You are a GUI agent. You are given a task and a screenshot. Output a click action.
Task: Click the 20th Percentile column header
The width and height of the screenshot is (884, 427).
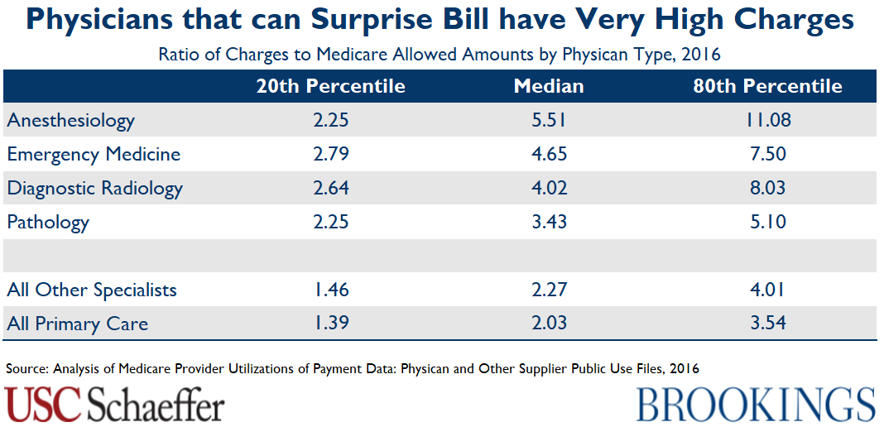click(x=330, y=86)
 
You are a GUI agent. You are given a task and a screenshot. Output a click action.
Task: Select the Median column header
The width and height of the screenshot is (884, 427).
click(x=548, y=86)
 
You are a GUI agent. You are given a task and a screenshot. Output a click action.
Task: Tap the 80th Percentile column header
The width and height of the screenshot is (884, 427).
click(x=767, y=86)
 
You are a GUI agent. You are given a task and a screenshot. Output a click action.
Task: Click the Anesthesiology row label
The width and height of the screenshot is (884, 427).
click(x=71, y=121)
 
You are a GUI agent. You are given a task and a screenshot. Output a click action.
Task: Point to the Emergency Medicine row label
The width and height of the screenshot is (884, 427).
click(x=94, y=154)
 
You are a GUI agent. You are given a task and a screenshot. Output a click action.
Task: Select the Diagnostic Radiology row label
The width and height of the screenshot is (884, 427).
click(x=95, y=188)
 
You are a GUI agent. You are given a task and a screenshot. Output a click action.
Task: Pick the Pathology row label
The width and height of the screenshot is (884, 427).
click(x=48, y=222)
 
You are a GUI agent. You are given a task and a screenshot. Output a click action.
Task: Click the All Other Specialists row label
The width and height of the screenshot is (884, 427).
click(x=92, y=290)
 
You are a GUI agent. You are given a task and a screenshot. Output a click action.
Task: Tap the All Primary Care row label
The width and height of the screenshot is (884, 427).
click(x=78, y=324)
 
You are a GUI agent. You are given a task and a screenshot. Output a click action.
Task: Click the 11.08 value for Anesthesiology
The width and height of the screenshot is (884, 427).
click(x=767, y=121)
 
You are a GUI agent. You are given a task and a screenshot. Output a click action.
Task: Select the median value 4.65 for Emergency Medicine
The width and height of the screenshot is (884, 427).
click(x=549, y=154)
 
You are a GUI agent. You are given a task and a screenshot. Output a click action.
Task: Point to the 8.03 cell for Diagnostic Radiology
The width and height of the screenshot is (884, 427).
click(x=767, y=188)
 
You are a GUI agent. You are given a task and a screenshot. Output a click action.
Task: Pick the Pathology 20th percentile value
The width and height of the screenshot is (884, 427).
click(x=331, y=222)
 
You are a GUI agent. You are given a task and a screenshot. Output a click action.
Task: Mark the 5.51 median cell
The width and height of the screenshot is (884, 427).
click(x=549, y=121)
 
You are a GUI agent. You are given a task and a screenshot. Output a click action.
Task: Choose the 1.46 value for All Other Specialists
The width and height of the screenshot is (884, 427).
click(x=331, y=290)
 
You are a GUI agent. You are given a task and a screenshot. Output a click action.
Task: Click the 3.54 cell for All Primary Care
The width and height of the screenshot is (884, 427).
click(x=767, y=324)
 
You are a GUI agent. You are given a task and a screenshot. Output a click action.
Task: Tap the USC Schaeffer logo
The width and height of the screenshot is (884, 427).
click(x=115, y=405)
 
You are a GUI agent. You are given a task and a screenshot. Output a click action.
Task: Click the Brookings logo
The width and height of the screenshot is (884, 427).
click(x=756, y=405)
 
